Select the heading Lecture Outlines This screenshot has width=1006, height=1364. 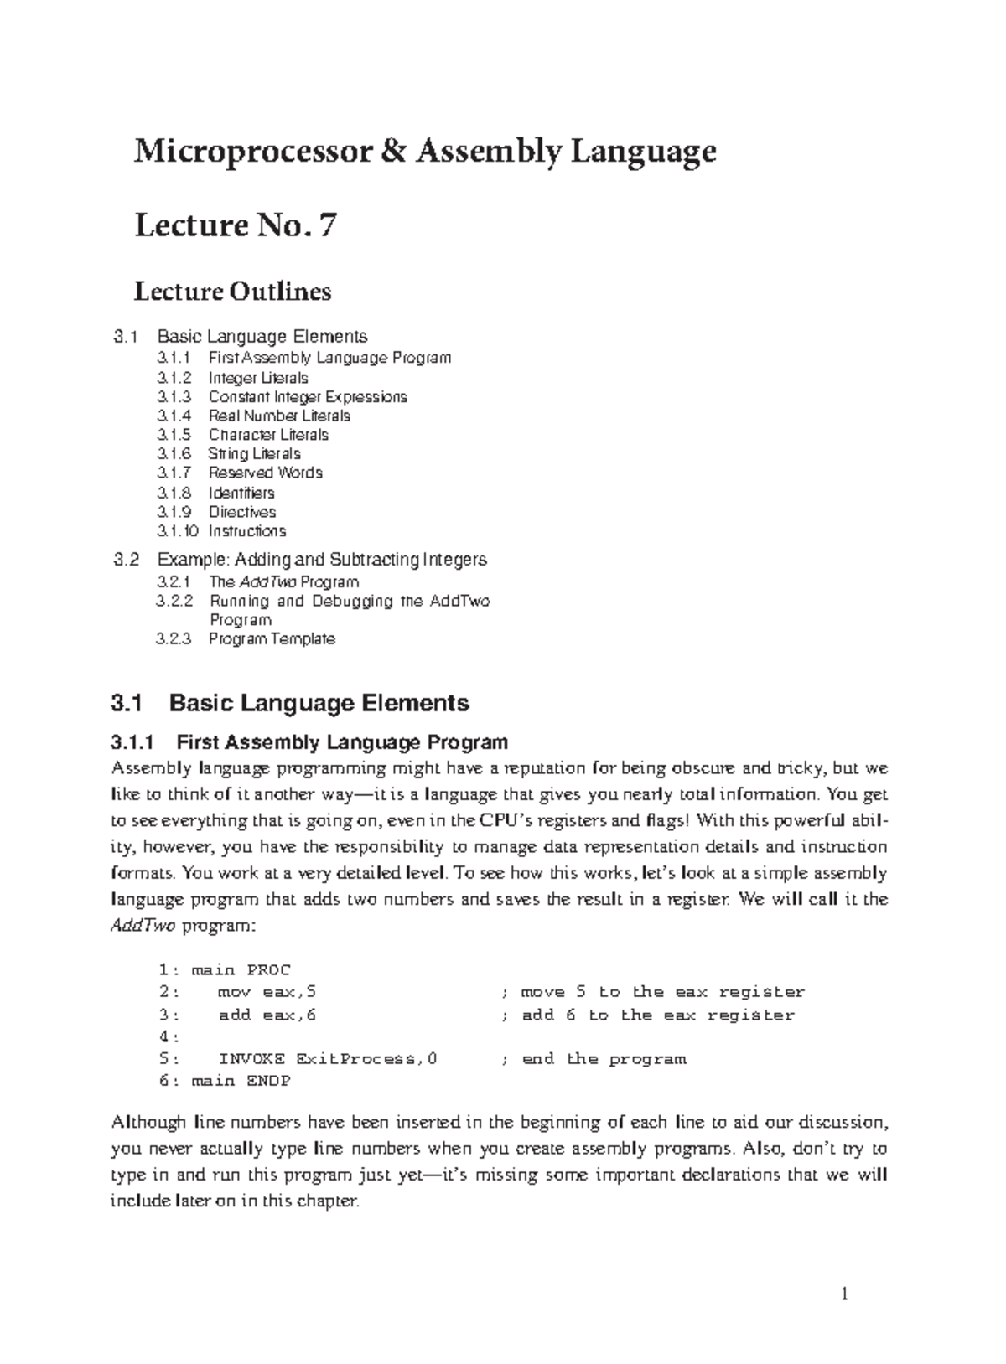point(233,292)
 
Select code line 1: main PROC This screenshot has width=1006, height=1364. point(225,970)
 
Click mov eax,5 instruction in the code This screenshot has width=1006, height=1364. point(267,992)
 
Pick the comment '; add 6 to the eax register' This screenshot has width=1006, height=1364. point(646,1015)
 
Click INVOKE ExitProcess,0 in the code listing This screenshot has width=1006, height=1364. point(328,1059)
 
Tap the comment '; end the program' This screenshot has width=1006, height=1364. point(593,1059)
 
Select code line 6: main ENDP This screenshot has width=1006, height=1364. point(225,1081)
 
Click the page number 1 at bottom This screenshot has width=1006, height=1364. point(845,1295)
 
